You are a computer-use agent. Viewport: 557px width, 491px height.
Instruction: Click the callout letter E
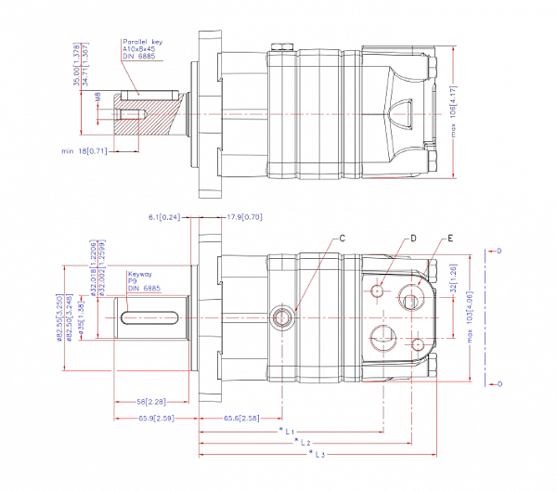(450, 239)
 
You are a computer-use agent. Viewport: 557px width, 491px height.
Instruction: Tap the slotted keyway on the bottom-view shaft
(149, 318)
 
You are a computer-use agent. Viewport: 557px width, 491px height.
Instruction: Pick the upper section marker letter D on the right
(499, 251)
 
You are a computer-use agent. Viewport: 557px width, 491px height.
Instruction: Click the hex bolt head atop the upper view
(281, 46)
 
